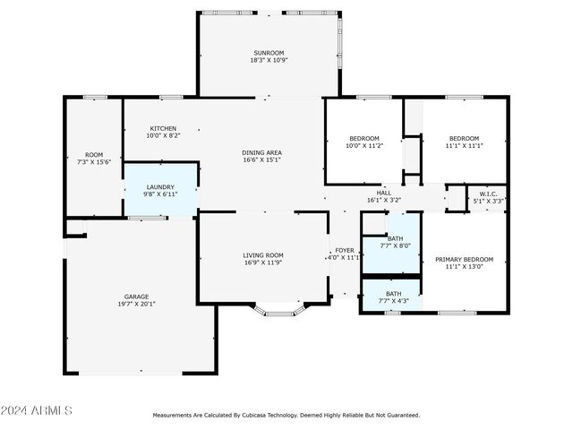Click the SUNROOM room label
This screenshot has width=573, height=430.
point(269,53)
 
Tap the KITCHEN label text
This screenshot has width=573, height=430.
point(163,128)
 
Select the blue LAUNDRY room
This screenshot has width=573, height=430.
point(160,189)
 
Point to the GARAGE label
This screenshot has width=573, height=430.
point(136,297)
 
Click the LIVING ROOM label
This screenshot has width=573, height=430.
point(263,255)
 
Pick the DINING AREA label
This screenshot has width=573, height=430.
point(261,152)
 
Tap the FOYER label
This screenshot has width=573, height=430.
point(345,251)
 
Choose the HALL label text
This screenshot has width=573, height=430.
point(384,193)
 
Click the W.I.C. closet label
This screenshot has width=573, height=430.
point(488,193)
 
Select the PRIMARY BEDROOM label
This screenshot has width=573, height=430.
point(464,259)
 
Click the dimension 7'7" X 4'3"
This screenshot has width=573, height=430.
point(394,301)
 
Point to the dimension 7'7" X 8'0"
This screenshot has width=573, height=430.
point(396,245)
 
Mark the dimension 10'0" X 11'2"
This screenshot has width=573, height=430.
point(364,145)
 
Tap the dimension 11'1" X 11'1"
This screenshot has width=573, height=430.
point(464,145)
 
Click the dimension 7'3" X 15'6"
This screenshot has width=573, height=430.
point(94,162)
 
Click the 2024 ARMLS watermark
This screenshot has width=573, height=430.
point(36,410)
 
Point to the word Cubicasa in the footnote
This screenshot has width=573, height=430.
point(253,416)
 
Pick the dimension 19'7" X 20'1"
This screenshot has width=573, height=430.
point(136,304)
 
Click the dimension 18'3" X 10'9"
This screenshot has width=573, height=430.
point(269,60)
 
